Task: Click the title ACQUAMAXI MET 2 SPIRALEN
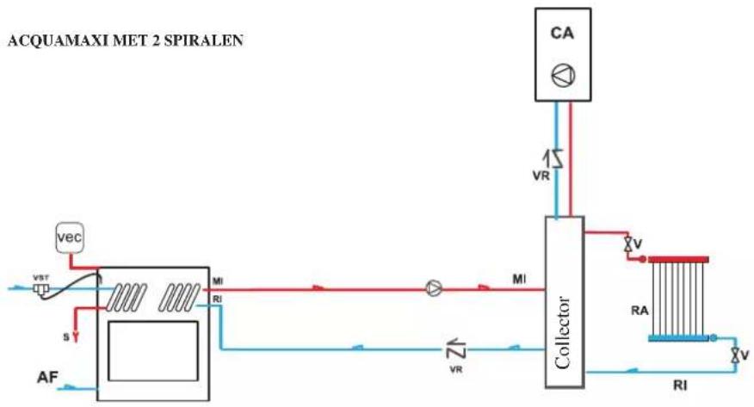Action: [126, 40]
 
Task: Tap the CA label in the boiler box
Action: [562, 34]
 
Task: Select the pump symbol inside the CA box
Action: [563, 76]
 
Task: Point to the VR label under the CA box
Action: [541, 176]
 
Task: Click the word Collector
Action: [563, 332]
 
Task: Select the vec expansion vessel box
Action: [70, 237]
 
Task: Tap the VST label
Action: [40, 278]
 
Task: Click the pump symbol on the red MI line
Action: [434, 288]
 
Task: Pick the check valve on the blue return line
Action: [456, 349]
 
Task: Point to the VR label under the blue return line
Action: [456, 370]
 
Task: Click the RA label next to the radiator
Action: [640, 311]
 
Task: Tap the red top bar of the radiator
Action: [678, 260]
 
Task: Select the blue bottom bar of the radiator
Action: [678, 338]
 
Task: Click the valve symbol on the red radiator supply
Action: [627, 244]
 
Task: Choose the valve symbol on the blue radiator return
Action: [735, 355]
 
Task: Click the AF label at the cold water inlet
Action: [47, 378]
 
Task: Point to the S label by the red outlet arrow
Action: [66, 337]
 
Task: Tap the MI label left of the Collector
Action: [519, 279]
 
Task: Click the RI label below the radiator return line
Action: [680, 385]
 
